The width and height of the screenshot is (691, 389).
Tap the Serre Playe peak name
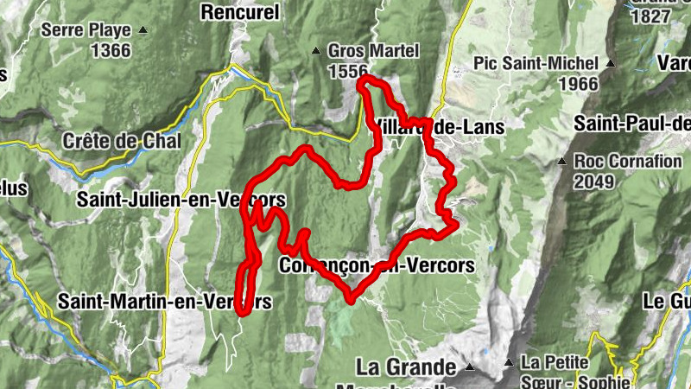click(x=86, y=30)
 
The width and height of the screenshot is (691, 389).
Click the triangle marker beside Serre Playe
click(x=143, y=30)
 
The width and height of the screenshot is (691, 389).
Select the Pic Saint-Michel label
click(x=536, y=63)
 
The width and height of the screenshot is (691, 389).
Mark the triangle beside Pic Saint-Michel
click(x=611, y=63)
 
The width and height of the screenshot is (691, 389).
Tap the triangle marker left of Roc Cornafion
click(x=562, y=161)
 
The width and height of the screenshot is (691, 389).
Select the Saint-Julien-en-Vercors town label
click(x=181, y=200)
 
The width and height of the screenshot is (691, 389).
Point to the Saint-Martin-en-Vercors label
click(x=164, y=301)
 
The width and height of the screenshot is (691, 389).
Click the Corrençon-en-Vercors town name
click(x=377, y=265)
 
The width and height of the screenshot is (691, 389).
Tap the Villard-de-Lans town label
click(x=438, y=126)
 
